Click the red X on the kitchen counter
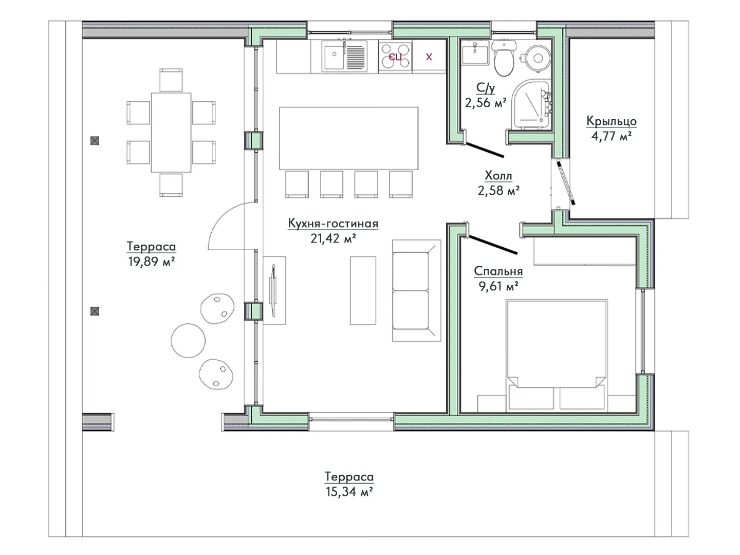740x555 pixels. (x=429, y=57)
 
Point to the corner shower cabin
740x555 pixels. (x=531, y=104)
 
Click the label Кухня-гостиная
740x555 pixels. (x=333, y=224)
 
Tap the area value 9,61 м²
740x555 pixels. (x=498, y=286)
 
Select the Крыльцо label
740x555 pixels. (x=612, y=121)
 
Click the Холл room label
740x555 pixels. (x=498, y=176)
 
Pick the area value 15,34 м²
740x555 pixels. (x=349, y=492)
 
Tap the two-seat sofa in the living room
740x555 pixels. (x=416, y=290)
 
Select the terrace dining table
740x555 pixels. (x=171, y=133)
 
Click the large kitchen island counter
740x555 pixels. (x=348, y=138)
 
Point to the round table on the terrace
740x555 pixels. (x=188, y=340)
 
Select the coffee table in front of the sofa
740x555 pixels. (x=363, y=290)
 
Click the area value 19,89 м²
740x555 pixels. (x=152, y=261)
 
